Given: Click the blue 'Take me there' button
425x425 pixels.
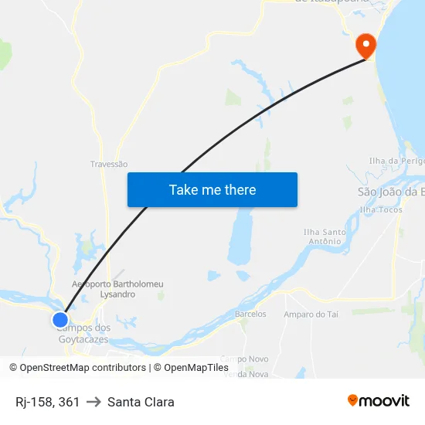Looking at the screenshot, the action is coord(212,189).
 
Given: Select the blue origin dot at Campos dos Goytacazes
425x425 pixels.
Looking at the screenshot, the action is coord(60,319).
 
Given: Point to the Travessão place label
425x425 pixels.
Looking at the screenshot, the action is coord(109,165).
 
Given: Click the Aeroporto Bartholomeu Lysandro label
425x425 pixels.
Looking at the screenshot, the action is coord(117,289).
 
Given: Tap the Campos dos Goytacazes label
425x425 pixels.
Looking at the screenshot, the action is coord(84,334).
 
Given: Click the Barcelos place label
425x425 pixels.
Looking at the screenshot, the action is coord(250,314).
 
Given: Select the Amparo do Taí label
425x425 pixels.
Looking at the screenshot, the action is coord(311,314).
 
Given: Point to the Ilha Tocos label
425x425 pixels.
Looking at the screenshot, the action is coord(382,209).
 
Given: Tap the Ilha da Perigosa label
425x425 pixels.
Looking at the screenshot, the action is coord(397,161).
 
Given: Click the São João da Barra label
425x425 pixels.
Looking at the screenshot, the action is coord(391,192).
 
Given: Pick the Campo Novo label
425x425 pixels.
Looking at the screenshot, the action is coord(245,359).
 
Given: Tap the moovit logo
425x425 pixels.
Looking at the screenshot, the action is coord(379,401).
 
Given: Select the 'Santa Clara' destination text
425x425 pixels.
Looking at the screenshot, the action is coord(141,402).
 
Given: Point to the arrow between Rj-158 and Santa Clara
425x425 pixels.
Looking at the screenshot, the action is coord(93,402).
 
